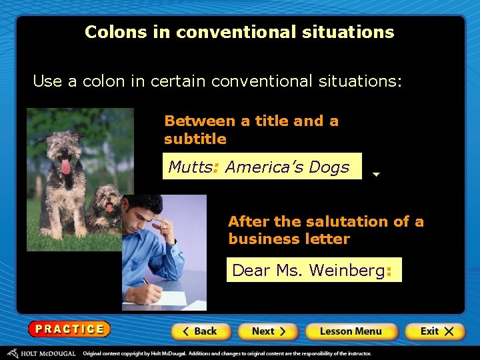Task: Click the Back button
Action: pyautogui.click(x=201, y=331)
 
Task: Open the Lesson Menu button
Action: pyautogui.click(x=351, y=331)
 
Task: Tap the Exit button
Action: pyautogui.click(x=434, y=331)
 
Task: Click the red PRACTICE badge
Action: pyautogui.click(x=69, y=329)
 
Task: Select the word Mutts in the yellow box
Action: pyautogui.click(x=189, y=167)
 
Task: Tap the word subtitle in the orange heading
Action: pyautogui.click(x=195, y=139)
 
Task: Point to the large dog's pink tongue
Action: pyautogui.click(x=65, y=165)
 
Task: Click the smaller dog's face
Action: pyautogui.click(x=107, y=200)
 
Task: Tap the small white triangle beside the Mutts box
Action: pyautogui.click(x=376, y=175)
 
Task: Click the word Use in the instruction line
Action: pyautogui.click(x=47, y=81)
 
